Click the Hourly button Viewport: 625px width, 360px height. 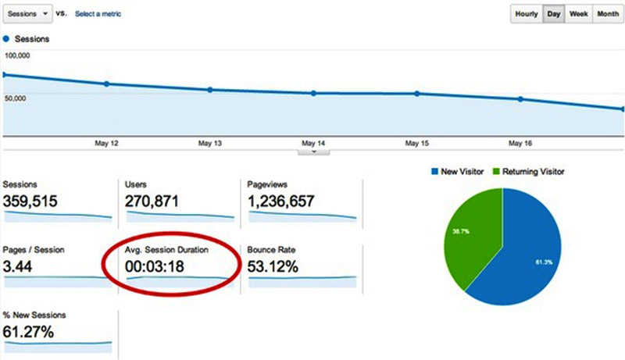pyautogui.click(x=527, y=14)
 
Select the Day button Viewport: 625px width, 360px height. pyautogui.click(x=553, y=14)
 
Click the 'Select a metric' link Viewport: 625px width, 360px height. pyautogui.click(x=98, y=14)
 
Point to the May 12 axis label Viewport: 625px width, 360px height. pyautogui.click(x=106, y=144)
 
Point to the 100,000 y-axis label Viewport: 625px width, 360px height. pyautogui.click(x=17, y=55)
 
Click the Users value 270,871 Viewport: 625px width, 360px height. pyautogui.click(x=152, y=201)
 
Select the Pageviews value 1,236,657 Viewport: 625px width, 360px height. pyautogui.click(x=281, y=201)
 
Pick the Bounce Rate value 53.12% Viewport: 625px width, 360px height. pyautogui.click(x=273, y=266)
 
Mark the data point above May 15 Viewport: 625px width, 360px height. pyautogui.click(x=416, y=94)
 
